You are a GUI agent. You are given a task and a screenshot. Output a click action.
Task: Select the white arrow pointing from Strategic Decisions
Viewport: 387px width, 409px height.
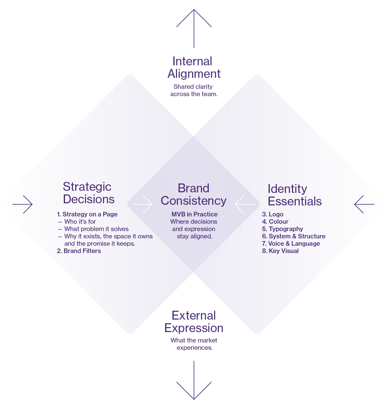142,204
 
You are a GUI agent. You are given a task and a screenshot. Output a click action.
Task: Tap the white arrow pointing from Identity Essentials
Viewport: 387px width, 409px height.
244,204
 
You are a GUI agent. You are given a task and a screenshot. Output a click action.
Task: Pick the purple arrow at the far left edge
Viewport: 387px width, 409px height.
23,204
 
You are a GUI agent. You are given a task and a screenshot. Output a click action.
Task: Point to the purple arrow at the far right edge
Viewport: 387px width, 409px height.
364,204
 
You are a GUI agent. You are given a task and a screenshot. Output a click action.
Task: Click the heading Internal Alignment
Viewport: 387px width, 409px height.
193,67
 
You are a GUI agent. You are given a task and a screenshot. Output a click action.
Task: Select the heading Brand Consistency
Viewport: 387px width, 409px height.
193,194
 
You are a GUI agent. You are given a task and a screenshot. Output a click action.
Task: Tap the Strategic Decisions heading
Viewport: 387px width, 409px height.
89,193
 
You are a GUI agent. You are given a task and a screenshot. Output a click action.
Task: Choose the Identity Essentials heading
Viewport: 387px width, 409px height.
295,195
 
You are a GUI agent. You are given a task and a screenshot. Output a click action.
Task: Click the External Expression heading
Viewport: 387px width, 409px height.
194,322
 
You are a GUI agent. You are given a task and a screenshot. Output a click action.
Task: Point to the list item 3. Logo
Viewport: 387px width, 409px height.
273,214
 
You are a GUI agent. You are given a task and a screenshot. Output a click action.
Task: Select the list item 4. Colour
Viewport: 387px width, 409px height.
275,222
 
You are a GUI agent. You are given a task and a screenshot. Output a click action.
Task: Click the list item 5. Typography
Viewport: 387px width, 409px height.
283,229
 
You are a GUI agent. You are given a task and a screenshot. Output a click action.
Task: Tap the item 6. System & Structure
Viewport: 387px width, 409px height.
294,236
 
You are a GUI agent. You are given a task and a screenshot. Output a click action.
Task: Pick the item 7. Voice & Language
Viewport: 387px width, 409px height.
291,244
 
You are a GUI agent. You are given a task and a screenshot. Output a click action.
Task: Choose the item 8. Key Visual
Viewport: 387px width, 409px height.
280,251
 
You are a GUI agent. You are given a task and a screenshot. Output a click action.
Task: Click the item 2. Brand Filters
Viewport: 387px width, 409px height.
79,251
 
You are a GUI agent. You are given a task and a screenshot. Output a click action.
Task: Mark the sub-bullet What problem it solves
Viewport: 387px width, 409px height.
96,229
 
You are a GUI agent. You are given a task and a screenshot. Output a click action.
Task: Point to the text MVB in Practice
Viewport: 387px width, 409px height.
194,214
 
